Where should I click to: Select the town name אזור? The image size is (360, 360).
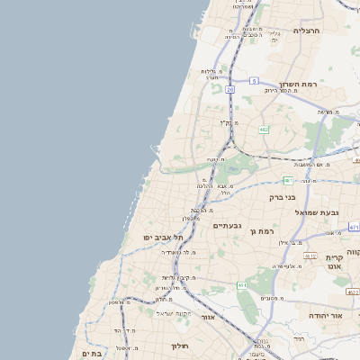(x=208, y=317)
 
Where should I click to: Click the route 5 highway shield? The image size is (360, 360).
(x=255, y=81)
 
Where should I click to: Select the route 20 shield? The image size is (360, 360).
(x=230, y=90)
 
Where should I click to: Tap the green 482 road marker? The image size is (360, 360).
(x=263, y=130)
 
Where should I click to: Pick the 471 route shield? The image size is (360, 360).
(x=354, y=228)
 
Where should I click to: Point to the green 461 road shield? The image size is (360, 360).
(x=242, y=285)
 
